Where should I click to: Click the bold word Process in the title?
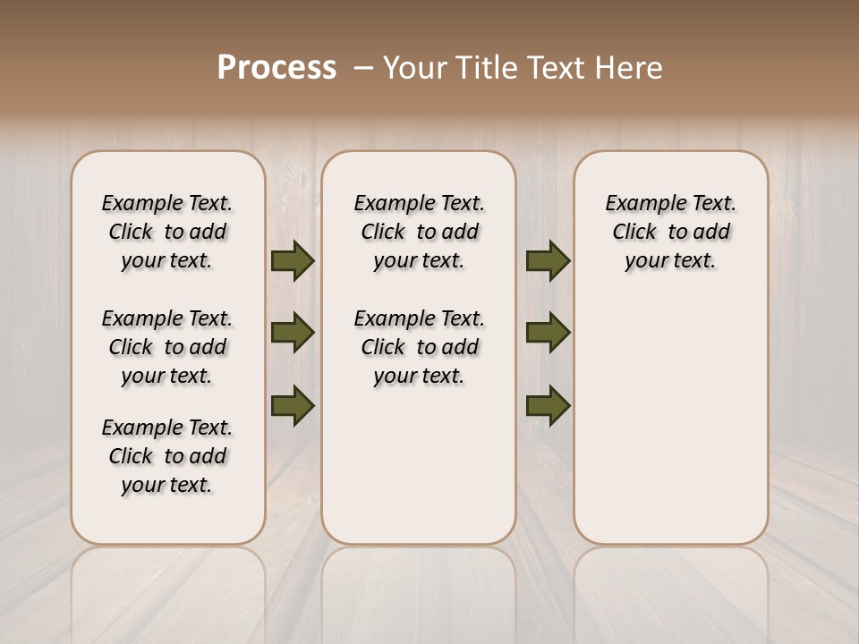click(276, 68)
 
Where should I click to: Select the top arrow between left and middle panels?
click(293, 260)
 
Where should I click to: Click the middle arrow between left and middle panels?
click(293, 333)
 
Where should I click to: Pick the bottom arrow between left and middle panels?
click(293, 405)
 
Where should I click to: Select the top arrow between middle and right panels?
click(548, 260)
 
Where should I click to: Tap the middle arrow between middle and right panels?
click(548, 333)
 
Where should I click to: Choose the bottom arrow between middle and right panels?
click(548, 405)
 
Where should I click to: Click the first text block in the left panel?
click(167, 232)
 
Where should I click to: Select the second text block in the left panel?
click(167, 347)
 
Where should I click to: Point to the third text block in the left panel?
click(167, 456)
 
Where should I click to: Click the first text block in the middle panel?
click(419, 232)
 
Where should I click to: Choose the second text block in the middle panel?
click(419, 347)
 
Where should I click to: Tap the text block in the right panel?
click(670, 232)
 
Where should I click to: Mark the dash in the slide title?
click(362, 68)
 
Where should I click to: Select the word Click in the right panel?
click(634, 233)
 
